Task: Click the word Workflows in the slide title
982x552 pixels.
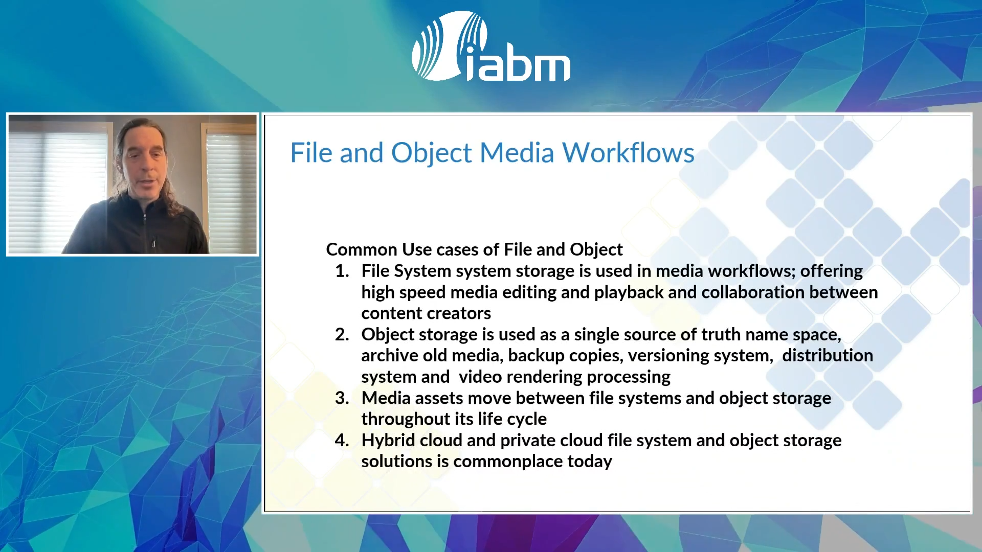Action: (x=628, y=152)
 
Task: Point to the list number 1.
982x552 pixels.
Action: (x=342, y=271)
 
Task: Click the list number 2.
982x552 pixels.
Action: (x=342, y=334)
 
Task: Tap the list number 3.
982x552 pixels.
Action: (x=342, y=398)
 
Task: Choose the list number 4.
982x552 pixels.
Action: (x=342, y=441)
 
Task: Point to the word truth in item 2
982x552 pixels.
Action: (x=721, y=334)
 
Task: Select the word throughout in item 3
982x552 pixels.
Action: (x=406, y=419)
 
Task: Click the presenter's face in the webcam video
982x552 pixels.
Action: (x=145, y=164)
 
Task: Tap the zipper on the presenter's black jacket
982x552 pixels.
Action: (x=148, y=230)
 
